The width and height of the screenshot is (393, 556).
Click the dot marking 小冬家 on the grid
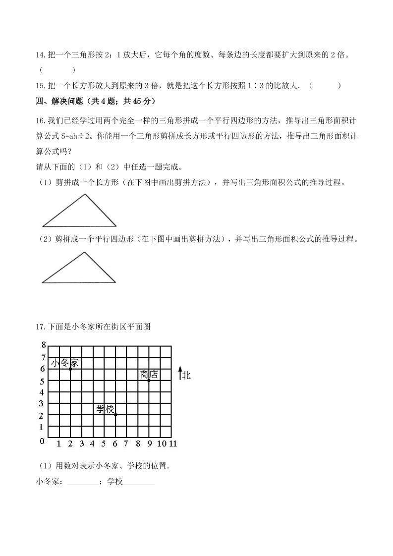click(x=70, y=369)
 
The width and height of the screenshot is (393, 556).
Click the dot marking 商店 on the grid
click(x=149, y=380)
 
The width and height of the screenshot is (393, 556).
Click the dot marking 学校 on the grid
click(x=115, y=414)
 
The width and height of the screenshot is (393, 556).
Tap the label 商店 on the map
click(x=149, y=374)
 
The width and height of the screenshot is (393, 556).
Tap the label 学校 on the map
click(x=105, y=409)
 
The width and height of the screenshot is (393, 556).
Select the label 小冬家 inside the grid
click(x=64, y=363)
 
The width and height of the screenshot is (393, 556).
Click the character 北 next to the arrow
click(x=186, y=375)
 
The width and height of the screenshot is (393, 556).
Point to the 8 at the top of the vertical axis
click(x=44, y=346)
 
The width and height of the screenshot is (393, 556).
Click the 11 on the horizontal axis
click(x=172, y=444)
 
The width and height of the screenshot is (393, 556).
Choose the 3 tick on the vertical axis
click(x=43, y=403)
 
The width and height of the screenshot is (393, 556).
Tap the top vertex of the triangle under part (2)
click(x=84, y=252)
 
